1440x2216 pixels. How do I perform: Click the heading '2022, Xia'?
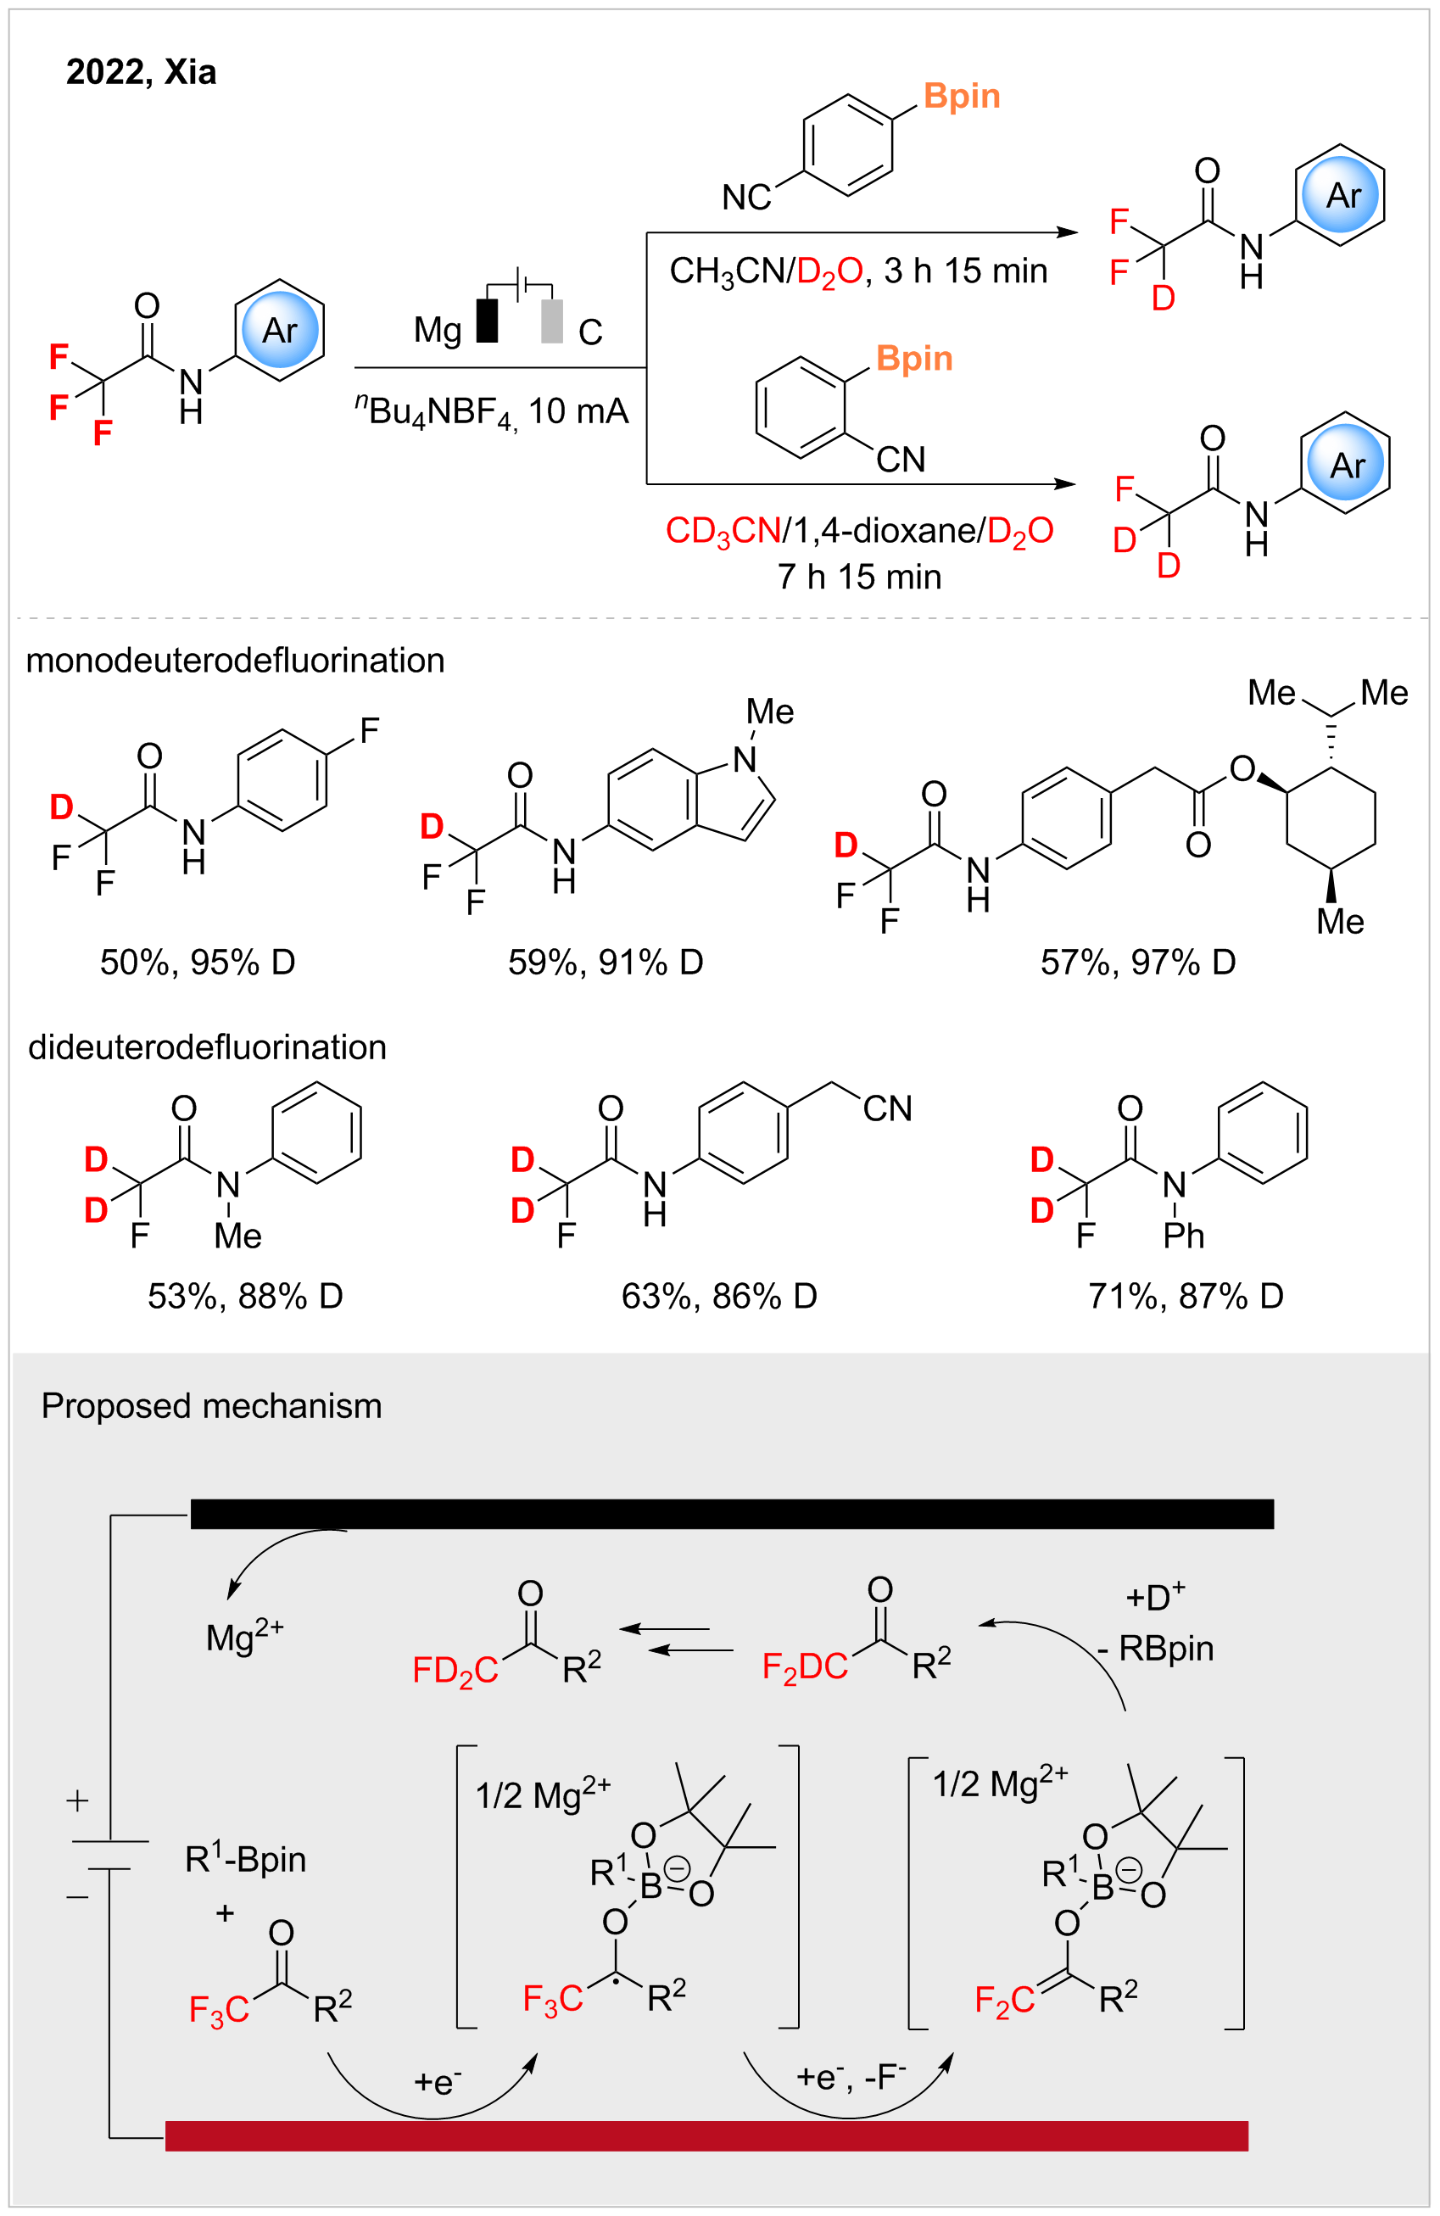pos(141,72)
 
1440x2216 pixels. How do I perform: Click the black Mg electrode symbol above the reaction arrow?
pos(487,321)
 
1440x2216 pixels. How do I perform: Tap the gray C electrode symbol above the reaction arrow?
pos(552,321)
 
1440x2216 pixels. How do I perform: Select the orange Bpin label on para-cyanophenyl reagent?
pos(962,96)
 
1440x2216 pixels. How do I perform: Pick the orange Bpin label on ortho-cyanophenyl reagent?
pos(914,359)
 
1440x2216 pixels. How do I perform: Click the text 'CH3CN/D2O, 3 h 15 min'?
pos(858,271)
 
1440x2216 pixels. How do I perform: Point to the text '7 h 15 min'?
pos(859,578)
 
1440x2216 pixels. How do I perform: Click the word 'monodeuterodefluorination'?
pos(235,660)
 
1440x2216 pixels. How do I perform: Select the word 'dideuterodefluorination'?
pos(207,1047)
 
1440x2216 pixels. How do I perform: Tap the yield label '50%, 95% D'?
pos(198,962)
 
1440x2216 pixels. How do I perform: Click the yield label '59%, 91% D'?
pos(605,962)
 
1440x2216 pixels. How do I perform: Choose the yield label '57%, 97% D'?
pos(1137,962)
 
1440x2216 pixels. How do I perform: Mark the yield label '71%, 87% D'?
pos(1185,1296)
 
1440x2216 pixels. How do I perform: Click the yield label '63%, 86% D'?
pos(718,1296)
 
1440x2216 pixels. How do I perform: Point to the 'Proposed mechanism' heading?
pos(211,1406)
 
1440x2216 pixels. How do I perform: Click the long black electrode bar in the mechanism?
pos(732,1514)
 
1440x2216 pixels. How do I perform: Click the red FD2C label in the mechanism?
pos(455,1671)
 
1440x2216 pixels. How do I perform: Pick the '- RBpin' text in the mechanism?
pos(1155,1649)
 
